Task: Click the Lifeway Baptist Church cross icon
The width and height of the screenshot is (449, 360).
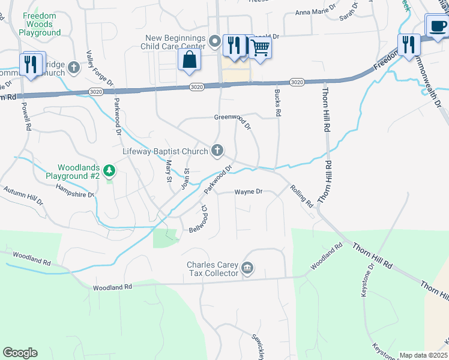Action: coord(217,151)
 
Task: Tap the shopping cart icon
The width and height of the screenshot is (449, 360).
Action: coord(260,47)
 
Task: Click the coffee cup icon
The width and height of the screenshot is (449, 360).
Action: coord(436,26)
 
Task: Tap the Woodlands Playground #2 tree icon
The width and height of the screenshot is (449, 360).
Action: coord(109,171)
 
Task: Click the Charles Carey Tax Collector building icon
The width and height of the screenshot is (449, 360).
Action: coord(247,268)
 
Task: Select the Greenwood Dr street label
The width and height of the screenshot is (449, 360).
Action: coord(232,121)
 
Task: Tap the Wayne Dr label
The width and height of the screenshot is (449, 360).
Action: coord(248,192)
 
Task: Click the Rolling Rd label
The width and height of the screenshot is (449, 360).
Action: coord(301,196)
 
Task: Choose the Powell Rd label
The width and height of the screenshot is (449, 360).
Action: coord(26,115)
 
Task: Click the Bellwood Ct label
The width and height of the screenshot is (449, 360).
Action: coord(200,218)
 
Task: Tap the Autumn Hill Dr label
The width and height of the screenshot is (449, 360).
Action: coord(24,196)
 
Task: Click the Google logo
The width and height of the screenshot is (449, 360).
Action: coord(20,353)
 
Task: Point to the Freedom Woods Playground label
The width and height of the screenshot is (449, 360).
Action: coord(40,25)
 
